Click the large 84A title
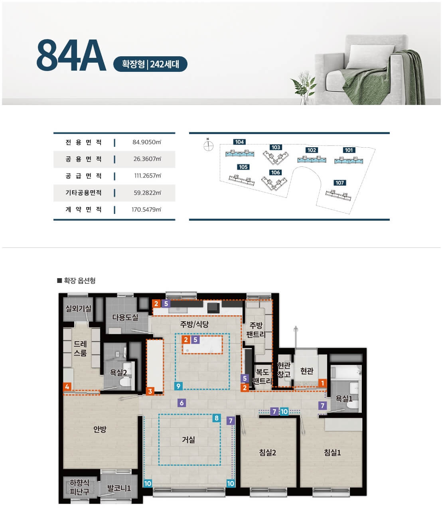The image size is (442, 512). tap(71, 55)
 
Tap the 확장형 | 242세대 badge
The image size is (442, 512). tap(150, 64)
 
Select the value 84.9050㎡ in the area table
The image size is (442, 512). tap(147, 142)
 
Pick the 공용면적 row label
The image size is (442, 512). tap(83, 159)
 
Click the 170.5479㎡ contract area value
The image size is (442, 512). tap(146, 210)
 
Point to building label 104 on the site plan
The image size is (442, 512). tap(239, 142)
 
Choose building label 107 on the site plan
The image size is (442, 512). tap(340, 183)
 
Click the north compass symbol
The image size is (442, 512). tap(208, 146)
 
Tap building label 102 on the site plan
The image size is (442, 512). tap(312, 150)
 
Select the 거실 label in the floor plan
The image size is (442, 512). tap(188, 439)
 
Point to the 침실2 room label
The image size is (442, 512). tap(267, 453)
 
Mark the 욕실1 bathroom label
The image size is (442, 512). tap(344, 398)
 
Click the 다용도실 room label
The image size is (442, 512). tap(125, 317)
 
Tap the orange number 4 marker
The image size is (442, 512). tap(67, 386)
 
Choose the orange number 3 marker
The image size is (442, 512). tap(150, 391)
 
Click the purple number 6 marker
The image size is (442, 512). tap(182, 403)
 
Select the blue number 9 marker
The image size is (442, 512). tap(178, 386)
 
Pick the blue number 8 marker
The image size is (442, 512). tap(217, 418)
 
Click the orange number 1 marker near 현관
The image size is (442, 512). tap(322, 383)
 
